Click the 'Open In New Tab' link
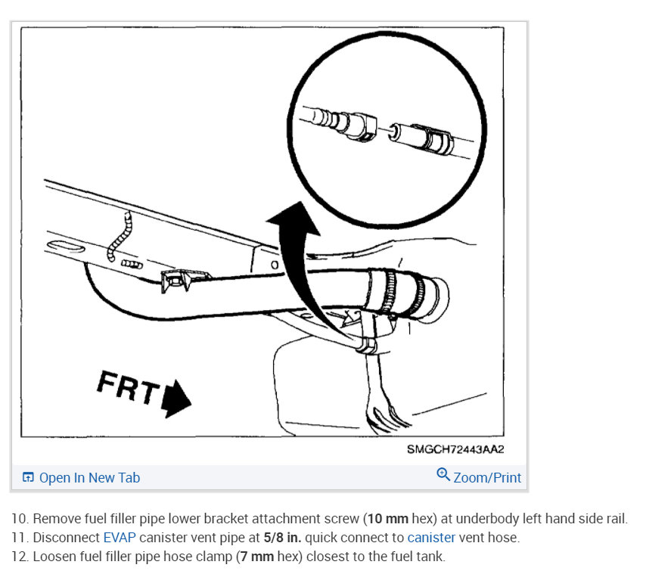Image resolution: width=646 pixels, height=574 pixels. click(89, 478)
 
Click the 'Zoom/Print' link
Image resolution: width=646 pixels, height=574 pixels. click(487, 477)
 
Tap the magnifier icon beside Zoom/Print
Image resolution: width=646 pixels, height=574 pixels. click(443, 475)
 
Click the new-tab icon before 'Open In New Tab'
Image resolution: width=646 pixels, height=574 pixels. click(29, 478)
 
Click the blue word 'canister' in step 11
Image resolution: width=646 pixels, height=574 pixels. click(431, 538)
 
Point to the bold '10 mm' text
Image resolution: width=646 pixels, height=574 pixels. click(387, 519)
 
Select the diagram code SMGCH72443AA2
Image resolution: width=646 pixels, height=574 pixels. click(455, 449)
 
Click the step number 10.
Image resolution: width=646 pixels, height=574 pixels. click(19, 519)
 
